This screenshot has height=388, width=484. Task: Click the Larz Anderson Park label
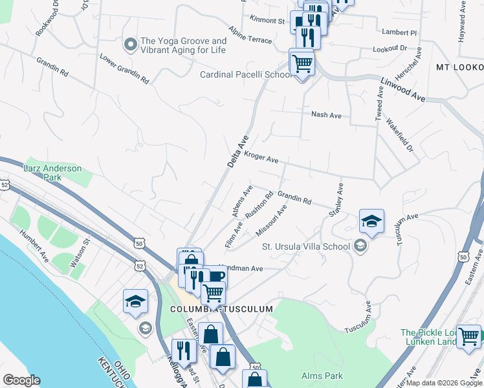[x=53, y=173]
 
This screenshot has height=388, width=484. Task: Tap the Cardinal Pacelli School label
[x=246, y=75]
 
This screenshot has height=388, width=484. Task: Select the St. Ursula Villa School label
[x=305, y=246]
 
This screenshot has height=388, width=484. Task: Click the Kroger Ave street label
[x=261, y=158]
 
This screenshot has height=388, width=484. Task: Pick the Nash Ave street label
[x=326, y=115]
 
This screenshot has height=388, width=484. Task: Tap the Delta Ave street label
[x=238, y=151]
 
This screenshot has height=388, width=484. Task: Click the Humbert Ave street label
[x=34, y=246]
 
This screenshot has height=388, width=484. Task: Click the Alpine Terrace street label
[x=250, y=35]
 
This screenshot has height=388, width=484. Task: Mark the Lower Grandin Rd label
[x=124, y=69]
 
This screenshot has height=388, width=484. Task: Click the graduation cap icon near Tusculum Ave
[x=371, y=221]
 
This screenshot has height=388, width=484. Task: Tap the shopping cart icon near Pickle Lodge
[x=468, y=336]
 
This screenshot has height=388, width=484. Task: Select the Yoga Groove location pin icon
[x=130, y=45]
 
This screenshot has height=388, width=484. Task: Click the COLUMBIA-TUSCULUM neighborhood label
[x=221, y=310]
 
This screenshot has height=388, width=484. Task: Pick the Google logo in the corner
[x=21, y=380]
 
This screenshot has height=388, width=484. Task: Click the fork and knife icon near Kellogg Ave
[x=184, y=350]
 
